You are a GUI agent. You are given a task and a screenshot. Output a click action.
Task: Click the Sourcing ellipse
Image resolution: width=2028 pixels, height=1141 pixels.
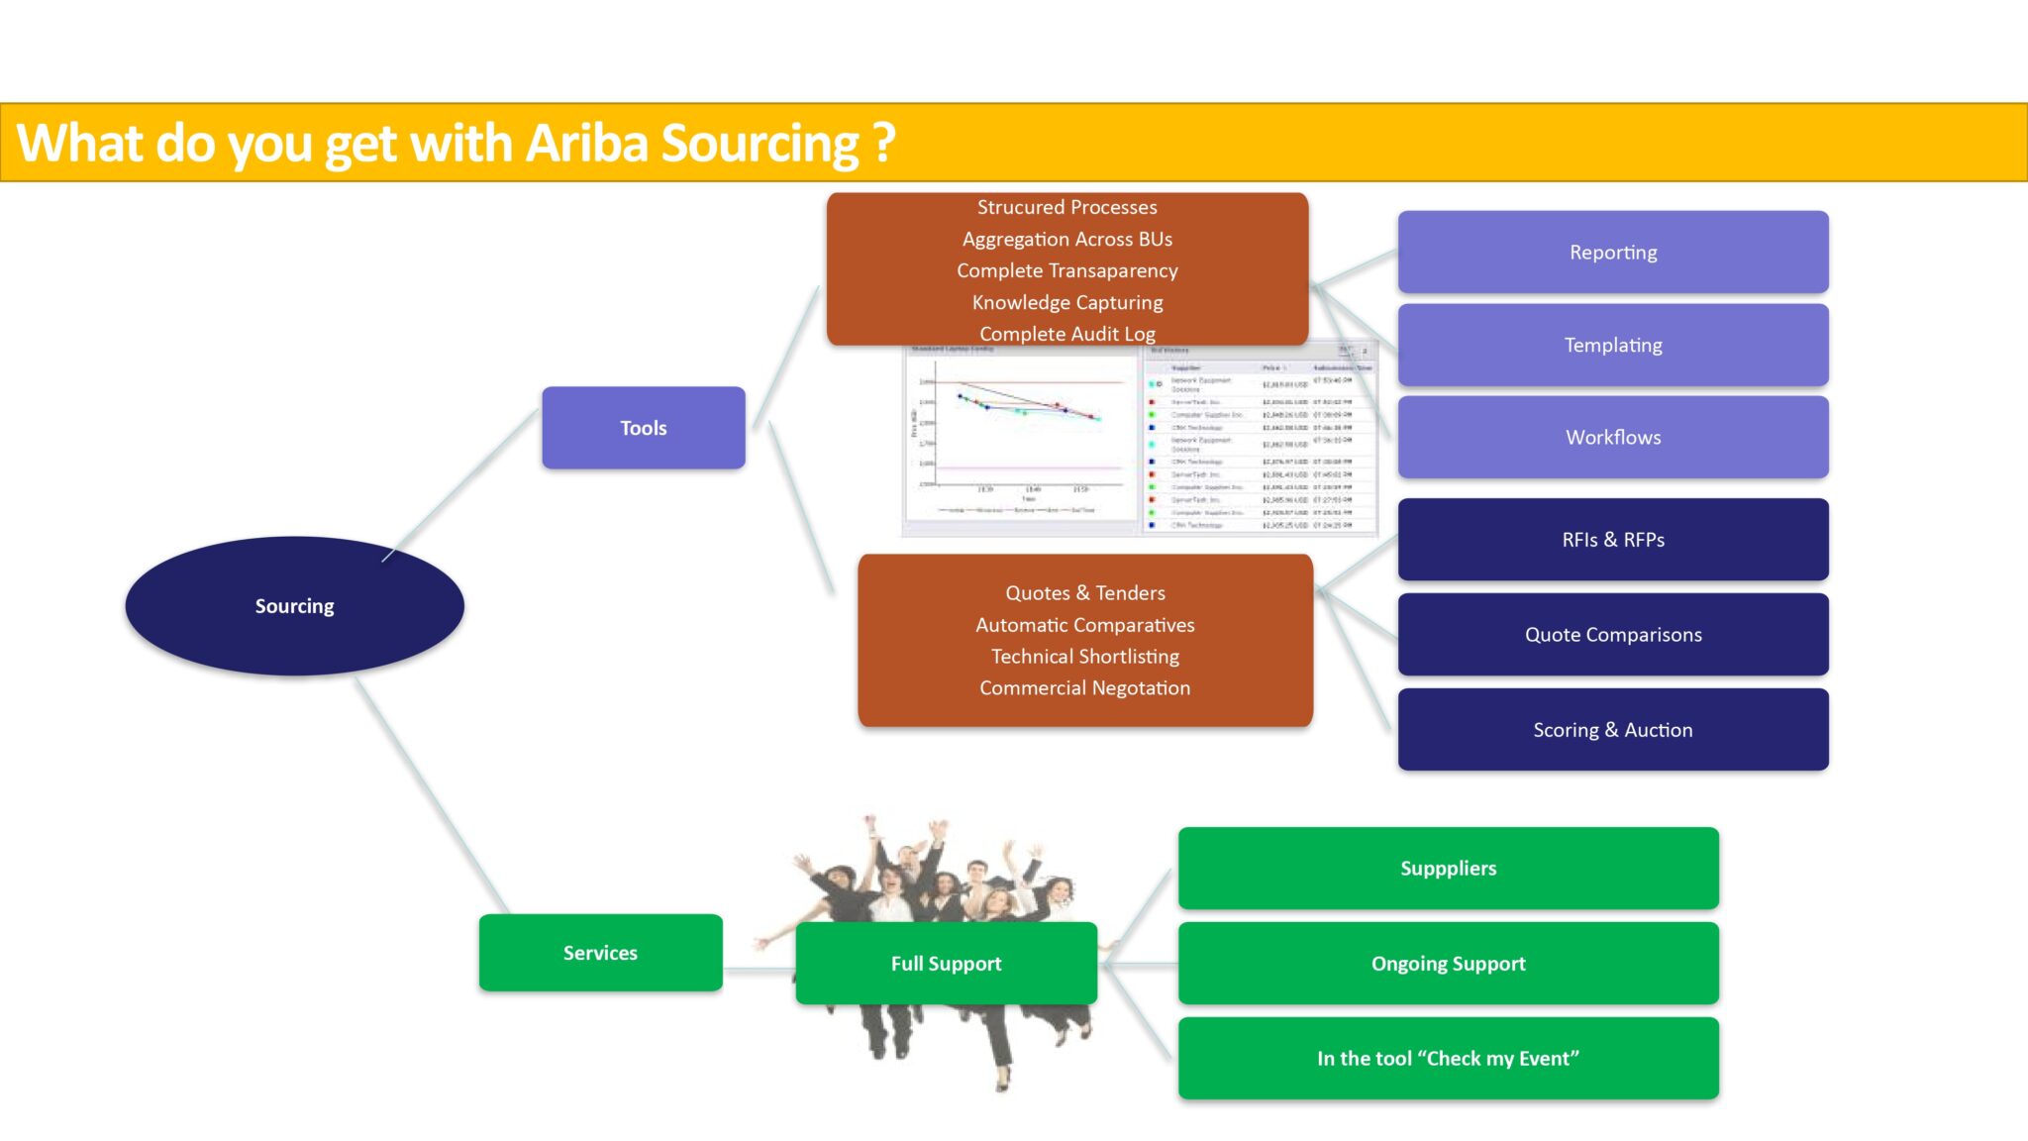294,606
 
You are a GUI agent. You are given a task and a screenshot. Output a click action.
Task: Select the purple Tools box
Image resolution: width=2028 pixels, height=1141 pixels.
644,428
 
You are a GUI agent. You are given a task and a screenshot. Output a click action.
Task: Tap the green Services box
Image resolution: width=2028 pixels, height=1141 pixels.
600,953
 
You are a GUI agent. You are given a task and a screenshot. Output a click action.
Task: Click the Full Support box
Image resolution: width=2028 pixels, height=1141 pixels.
946,964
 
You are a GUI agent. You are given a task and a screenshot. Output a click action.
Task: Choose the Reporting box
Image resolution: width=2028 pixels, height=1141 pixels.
1613,253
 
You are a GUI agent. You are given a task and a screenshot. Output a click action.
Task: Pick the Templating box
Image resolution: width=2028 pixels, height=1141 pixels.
1613,345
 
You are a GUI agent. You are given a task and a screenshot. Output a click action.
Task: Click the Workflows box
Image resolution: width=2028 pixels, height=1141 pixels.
1613,437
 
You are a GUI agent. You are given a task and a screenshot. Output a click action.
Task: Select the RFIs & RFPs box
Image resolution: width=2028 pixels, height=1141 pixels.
1613,540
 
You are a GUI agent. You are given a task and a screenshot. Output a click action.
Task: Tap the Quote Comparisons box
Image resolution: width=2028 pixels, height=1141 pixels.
1613,635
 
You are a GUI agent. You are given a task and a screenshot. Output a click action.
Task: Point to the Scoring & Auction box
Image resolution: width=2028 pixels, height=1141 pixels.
1613,730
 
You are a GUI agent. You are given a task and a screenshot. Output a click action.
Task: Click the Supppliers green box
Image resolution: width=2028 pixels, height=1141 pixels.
1448,869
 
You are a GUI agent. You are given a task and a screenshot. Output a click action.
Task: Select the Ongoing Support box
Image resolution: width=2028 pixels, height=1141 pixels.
1448,964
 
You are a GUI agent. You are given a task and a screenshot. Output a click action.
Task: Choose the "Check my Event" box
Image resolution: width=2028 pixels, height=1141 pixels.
1448,1059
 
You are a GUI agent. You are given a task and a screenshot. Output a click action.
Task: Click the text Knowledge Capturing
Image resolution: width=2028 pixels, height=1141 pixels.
1067,302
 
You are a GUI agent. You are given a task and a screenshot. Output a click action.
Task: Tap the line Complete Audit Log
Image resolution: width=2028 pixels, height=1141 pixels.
1067,334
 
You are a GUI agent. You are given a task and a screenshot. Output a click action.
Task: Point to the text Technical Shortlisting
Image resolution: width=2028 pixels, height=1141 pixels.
1085,657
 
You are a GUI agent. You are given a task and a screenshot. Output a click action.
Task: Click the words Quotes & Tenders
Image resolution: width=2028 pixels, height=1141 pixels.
1085,593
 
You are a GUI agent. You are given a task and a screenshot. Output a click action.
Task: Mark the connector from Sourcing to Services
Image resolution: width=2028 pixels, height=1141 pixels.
431,792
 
